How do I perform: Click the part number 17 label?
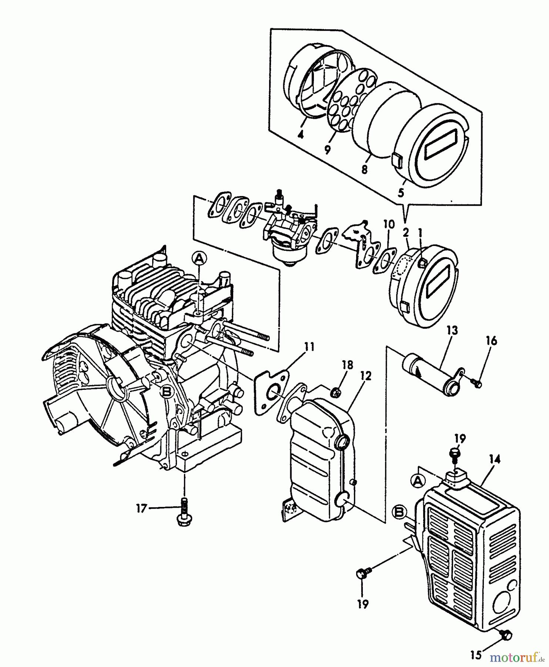point(141,508)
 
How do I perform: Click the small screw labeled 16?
point(478,384)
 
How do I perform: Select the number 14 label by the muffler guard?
point(494,460)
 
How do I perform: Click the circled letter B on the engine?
point(168,392)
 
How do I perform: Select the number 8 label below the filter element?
point(364,169)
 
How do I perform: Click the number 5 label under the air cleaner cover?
point(401,192)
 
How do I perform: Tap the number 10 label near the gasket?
point(389,224)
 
